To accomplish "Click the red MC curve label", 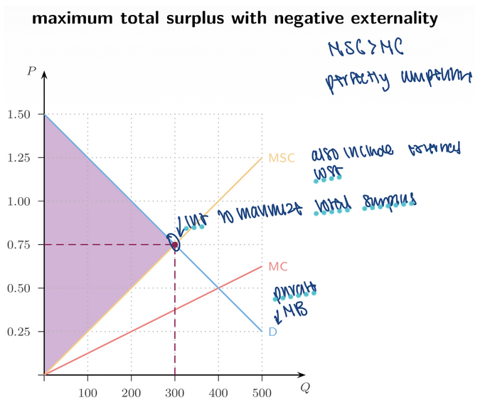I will [277, 268].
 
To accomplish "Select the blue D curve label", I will [272, 332].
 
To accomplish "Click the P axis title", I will [31, 70].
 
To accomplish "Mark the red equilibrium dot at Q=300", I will [175, 245].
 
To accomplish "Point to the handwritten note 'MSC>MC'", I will [365, 48].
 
